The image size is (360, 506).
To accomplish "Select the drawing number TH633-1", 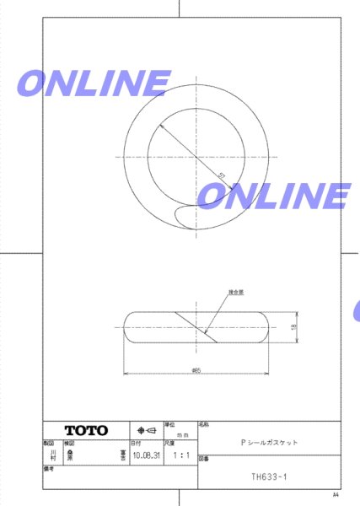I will click(269, 476).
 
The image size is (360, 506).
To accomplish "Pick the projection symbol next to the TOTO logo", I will click(145, 429).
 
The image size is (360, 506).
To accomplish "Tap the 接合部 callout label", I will click(235, 291).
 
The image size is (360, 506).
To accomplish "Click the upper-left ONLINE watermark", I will click(92, 83).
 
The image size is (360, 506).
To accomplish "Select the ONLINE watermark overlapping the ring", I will click(273, 196).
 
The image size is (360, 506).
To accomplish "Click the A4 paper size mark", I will click(335, 495).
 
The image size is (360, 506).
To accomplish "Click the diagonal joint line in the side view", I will click(196, 326).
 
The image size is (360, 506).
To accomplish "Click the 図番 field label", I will click(203, 460).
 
